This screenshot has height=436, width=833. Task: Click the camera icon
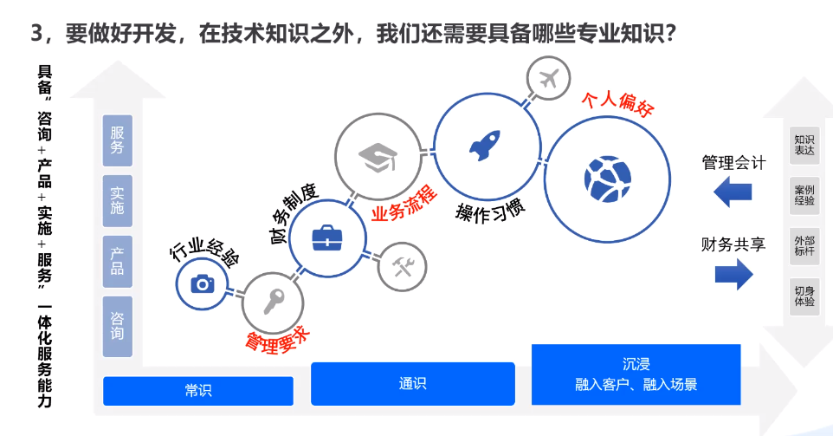point(203,284)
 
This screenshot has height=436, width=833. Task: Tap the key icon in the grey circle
point(274,302)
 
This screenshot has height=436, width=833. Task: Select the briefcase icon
point(327,238)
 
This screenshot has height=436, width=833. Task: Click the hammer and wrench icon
point(402,266)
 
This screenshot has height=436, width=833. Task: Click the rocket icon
point(485,145)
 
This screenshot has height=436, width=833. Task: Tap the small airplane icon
point(549,79)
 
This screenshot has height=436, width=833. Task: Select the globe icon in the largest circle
point(607,179)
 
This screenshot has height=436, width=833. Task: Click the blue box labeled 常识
point(198,391)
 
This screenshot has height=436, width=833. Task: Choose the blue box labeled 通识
point(413,383)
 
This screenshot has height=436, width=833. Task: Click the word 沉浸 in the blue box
point(636,364)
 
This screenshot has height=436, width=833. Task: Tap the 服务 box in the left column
point(118,140)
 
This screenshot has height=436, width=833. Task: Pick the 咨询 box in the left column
point(118,326)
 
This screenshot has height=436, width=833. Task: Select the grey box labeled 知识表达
point(804,145)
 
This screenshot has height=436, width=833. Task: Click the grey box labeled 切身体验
point(804,296)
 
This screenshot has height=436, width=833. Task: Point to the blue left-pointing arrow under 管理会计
point(733,192)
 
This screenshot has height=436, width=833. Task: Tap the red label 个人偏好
point(617,103)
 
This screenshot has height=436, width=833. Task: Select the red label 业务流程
point(404,204)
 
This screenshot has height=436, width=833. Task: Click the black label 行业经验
point(204,250)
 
